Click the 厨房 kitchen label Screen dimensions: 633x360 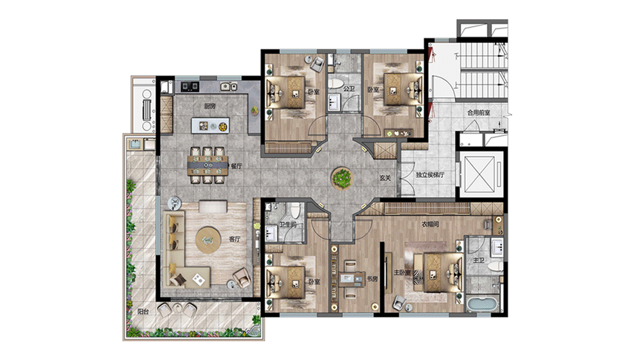(209, 106)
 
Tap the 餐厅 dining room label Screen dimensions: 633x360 (236, 166)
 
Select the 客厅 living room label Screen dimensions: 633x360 (234, 239)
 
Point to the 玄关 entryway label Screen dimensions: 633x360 (385, 178)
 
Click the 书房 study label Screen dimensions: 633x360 (372, 279)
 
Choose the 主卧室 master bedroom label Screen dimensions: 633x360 (402, 273)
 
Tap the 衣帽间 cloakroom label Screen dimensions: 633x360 (430, 224)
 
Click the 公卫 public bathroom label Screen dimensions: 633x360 (349, 88)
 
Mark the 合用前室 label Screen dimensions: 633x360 (479, 113)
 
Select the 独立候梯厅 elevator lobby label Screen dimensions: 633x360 (430, 175)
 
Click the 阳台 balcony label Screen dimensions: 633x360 (143, 312)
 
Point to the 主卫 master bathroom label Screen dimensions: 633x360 (478, 260)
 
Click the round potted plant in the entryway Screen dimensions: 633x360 (342, 178)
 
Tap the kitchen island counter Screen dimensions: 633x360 (210, 125)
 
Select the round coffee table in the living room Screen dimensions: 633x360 (208, 240)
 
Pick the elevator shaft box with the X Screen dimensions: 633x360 (479, 174)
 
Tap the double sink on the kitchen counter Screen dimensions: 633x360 (228, 86)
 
